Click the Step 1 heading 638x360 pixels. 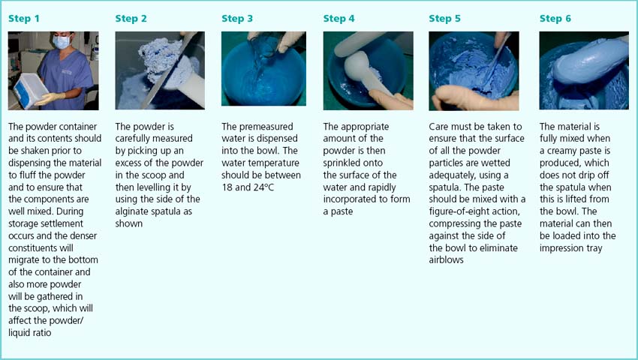[24, 19]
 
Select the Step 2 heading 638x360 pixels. [131, 19]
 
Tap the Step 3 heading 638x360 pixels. [237, 19]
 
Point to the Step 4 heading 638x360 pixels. [339, 19]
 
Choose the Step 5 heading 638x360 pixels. [445, 19]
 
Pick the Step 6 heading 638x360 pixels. [555, 19]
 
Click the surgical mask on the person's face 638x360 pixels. [62, 42]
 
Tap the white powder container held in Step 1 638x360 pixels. [30, 91]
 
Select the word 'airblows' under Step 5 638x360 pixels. [446, 260]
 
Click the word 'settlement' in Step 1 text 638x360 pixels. [62, 223]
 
